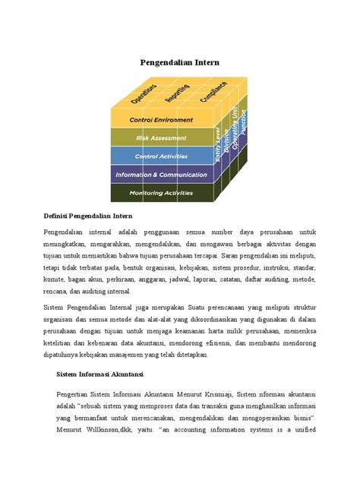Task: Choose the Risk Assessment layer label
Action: [x=160, y=138]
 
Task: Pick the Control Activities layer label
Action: [x=160, y=156]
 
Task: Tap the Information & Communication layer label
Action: [x=160, y=175]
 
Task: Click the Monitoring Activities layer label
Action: [x=160, y=193]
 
